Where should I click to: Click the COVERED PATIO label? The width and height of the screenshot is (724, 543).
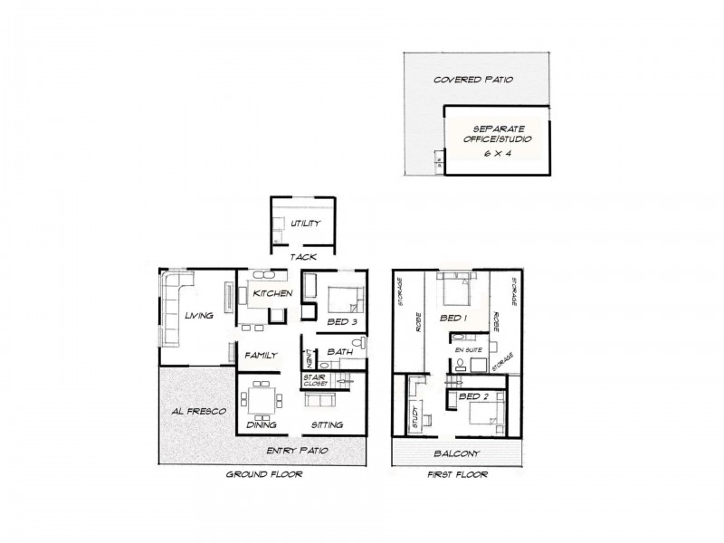(x=473, y=80)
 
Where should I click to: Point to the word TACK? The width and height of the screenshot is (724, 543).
(x=302, y=257)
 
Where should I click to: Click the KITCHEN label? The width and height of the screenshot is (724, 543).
(x=271, y=295)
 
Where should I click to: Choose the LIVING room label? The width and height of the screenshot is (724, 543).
(x=198, y=316)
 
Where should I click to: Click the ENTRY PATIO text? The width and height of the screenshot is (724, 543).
(x=297, y=451)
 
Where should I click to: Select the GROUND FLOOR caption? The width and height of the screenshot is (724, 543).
(x=264, y=474)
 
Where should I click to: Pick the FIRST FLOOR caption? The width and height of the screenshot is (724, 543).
(x=456, y=474)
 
